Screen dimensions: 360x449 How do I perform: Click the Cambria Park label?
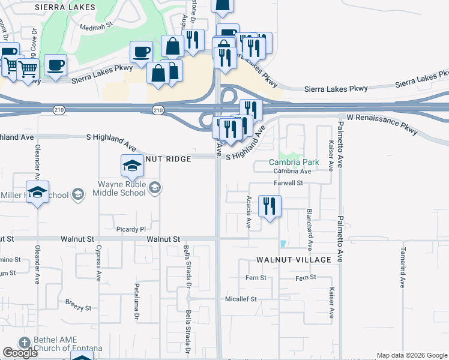tap(294, 162)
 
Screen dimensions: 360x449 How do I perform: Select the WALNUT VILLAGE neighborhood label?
tap(294, 260)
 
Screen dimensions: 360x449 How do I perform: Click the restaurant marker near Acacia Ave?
tap(270, 206)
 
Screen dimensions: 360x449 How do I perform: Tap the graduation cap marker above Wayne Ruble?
tap(132, 166)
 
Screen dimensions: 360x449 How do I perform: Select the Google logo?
tap(20, 353)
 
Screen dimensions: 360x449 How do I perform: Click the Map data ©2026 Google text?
tap(412, 355)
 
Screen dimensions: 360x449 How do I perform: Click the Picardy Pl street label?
tap(131, 229)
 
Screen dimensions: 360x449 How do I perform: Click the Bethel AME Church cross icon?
tap(25, 343)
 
